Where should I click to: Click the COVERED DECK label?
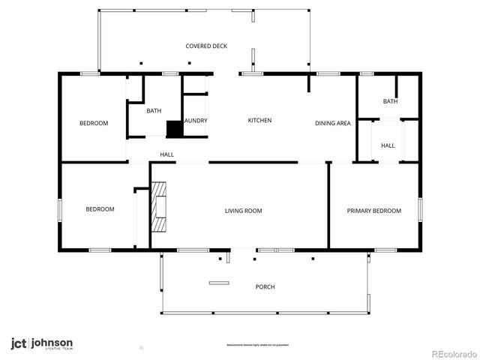(206, 46)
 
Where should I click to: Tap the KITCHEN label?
(259, 121)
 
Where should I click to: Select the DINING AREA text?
(333, 123)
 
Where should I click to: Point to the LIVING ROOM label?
(244, 211)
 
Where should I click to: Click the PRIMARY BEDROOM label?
(373, 211)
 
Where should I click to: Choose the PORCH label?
(265, 287)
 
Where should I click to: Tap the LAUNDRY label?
(195, 121)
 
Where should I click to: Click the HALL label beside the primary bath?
(388, 145)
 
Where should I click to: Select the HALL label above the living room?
(166, 155)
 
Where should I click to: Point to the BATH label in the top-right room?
(390, 102)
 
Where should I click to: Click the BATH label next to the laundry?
(154, 112)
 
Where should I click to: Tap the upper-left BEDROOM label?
(94, 124)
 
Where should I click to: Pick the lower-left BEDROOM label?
(100, 209)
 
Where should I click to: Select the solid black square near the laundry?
(174, 129)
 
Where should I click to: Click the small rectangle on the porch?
(219, 283)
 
